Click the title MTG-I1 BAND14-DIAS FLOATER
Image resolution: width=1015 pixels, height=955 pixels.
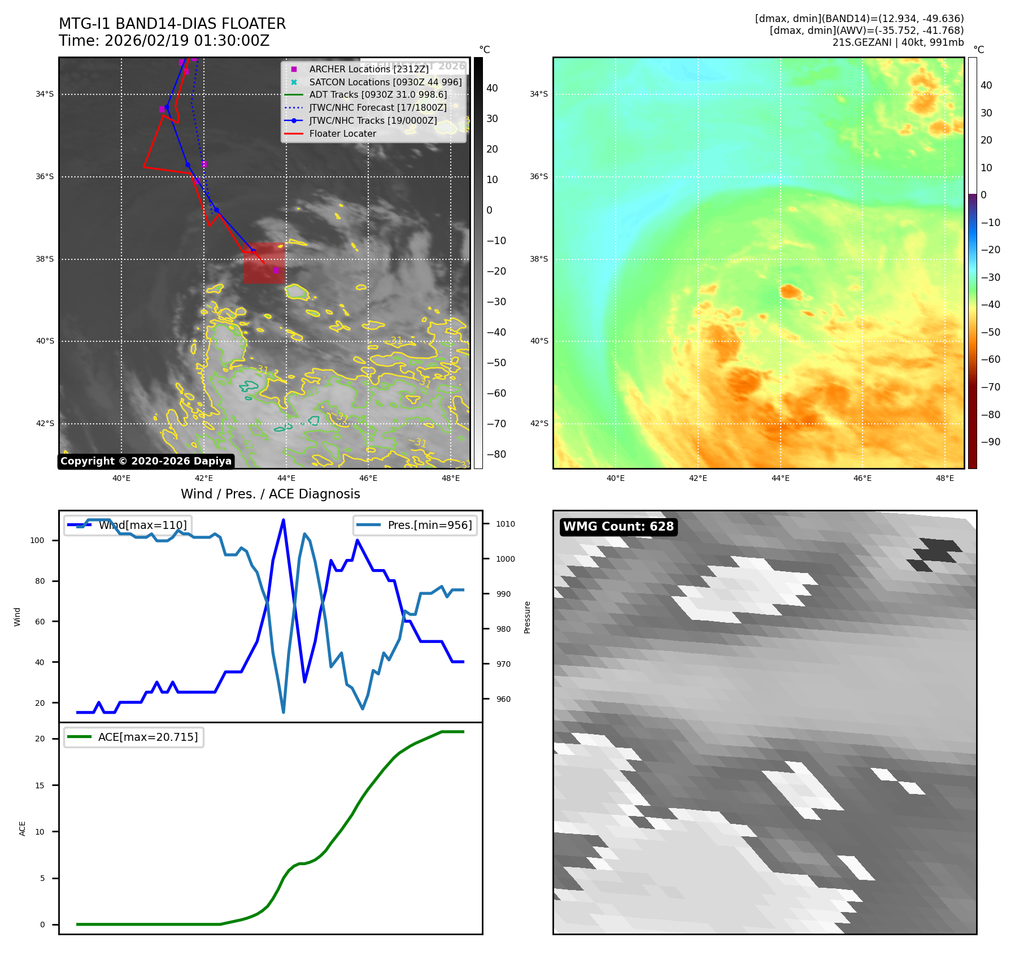click(x=172, y=24)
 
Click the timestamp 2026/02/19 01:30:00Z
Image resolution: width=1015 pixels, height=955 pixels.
click(x=187, y=41)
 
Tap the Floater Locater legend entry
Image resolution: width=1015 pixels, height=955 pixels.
click(x=342, y=134)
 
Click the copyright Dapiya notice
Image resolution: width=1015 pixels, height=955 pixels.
click(x=146, y=461)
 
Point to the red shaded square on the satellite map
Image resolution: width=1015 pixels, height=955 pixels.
click(x=264, y=263)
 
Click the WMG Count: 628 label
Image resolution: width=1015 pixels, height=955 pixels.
click(x=618, y=527)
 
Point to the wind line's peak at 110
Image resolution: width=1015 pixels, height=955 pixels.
click(x=283, y=520)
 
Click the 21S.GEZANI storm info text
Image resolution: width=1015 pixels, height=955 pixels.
click(x=898, y=42)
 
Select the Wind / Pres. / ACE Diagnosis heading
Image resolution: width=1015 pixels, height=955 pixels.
click(x=270, y=494)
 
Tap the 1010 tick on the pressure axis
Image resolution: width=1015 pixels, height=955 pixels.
click(x=506, y=524)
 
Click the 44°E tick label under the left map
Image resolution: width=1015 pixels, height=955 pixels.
click(x=286, y=479)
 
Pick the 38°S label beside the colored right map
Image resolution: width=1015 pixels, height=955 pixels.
click(x=539, y=259)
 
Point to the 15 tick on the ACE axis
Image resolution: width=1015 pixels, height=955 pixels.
click(x=40, y=785)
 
